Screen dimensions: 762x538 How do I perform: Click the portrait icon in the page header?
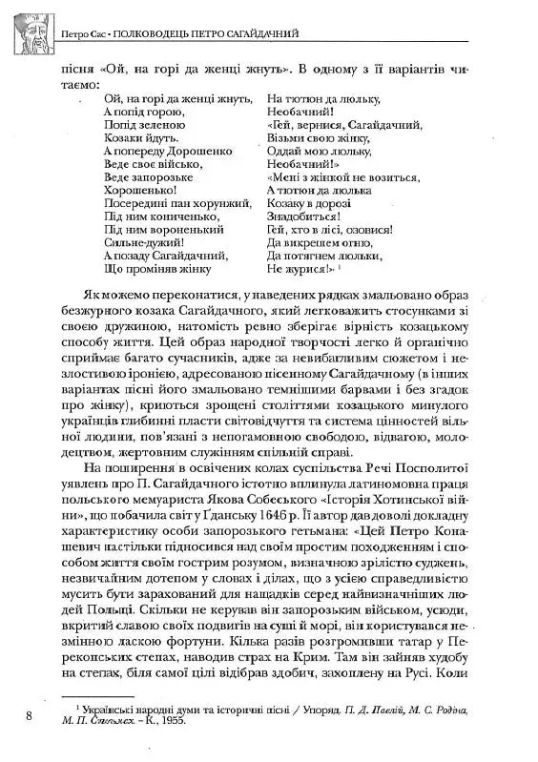coord(28,29)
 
